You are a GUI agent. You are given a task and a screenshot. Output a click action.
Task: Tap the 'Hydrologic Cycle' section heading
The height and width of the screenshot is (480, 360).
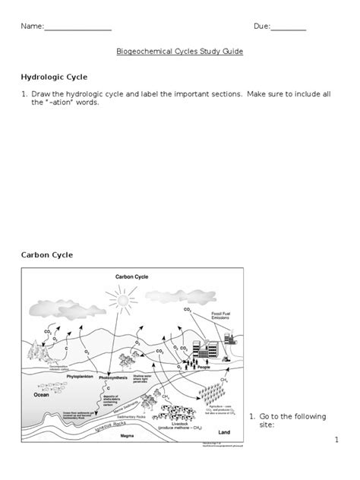tap(53, 77)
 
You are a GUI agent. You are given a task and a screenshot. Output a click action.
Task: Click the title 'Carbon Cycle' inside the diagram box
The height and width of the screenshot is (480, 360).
tap(131, 278)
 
